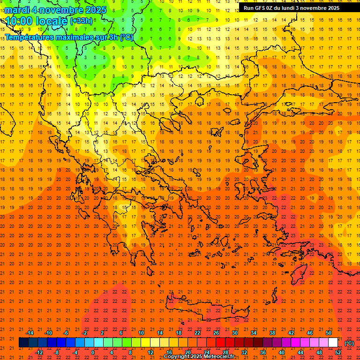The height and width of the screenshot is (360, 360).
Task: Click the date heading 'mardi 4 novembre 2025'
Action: [56, 10]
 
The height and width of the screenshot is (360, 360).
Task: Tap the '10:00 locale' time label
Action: [37, 21]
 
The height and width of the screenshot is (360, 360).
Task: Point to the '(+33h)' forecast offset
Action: [81, 21]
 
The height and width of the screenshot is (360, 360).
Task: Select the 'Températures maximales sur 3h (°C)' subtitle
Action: [69, 37]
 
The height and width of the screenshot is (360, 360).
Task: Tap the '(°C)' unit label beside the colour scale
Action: [349, 343]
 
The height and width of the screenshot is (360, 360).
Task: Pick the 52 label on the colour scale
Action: [337, 352]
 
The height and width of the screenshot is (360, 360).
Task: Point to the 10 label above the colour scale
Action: [141, 333]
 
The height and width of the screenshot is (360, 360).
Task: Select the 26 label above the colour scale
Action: [216, 333]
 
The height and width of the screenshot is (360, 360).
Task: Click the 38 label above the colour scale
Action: [272, 333]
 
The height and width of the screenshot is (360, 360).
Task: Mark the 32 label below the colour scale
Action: [244, 352]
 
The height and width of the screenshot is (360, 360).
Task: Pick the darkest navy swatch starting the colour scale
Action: [23, 343]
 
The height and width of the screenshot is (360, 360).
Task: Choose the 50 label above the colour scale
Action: [329, 333]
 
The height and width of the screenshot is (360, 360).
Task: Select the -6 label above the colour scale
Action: [67, 333]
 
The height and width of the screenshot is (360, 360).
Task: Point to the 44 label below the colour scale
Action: [300, 352]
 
